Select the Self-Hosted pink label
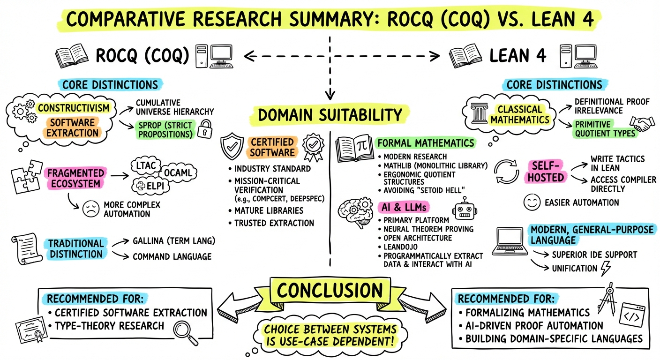[x=547, y=171]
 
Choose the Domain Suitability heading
[x=330, y=115]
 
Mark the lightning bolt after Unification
[x=606, y=268]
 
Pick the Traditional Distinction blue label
[x=76, y=249]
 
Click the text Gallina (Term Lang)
[x=174, y=242]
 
